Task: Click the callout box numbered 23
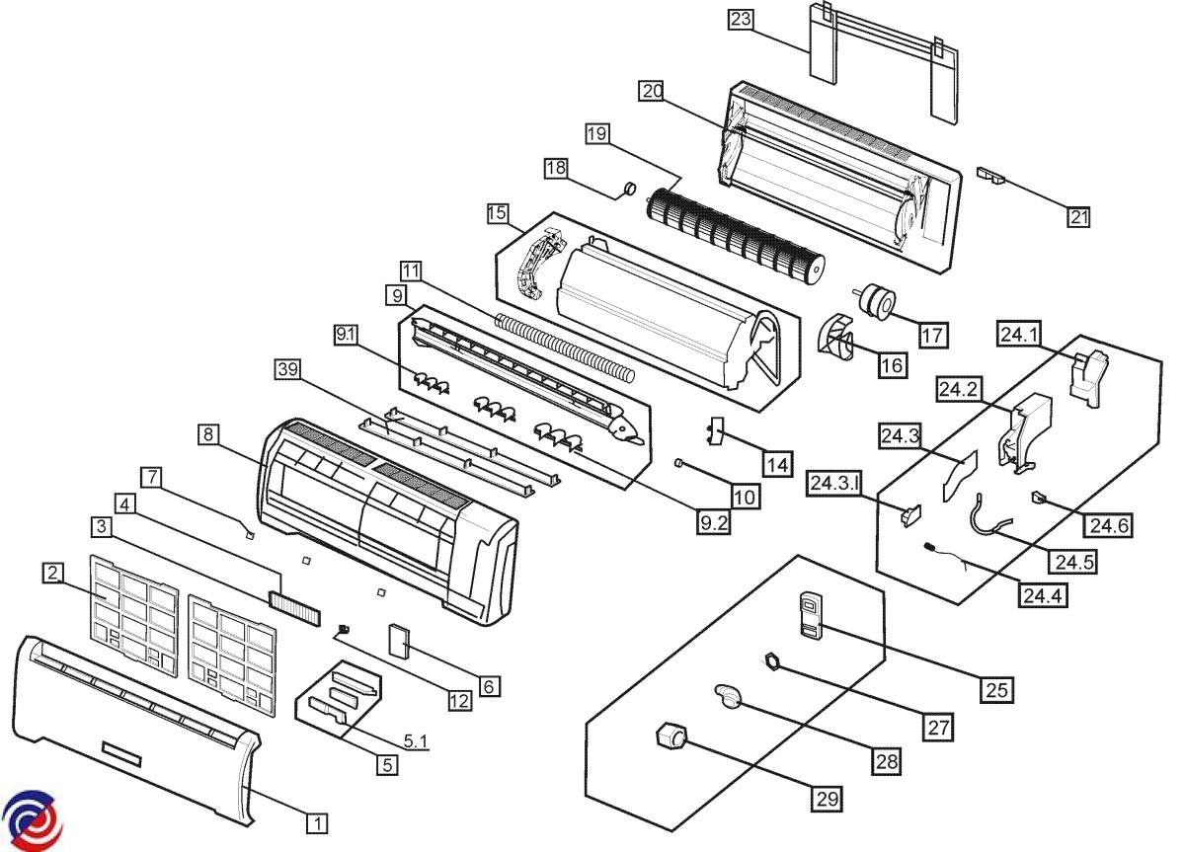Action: click(741, 19)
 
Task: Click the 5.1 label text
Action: click(414, 739)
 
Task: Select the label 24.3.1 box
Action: click(836, 484)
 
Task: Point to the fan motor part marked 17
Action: click(873, 299)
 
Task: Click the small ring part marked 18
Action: click(625, 189)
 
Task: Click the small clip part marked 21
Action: click(990, 175)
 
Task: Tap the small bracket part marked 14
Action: click(716, 430)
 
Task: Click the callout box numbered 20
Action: click(651, 91)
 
